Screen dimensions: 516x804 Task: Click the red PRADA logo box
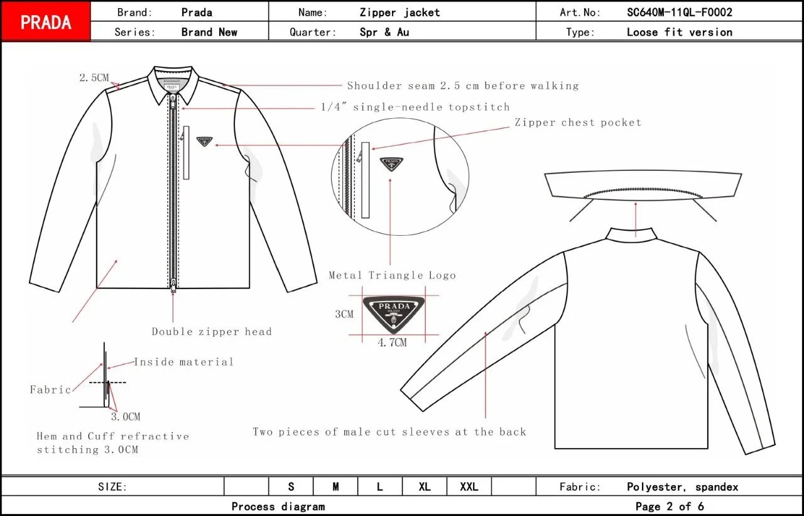pos(46,22)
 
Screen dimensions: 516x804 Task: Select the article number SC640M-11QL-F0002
pos(680,12)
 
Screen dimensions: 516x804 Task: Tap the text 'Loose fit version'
pos(680,32)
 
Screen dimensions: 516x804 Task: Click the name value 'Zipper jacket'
pos(400,12)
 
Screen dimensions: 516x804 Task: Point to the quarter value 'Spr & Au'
pos(384,32)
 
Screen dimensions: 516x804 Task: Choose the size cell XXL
pos(469,486)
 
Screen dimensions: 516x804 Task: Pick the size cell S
pos(291,486)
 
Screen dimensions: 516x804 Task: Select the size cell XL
pos(425,486)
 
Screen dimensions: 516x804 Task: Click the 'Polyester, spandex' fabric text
pos(683,486)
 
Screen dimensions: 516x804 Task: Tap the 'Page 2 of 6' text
pos(670,506)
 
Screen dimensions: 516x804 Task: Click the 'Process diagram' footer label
pos(278,506)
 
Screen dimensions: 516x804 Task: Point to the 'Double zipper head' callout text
pos(212,331)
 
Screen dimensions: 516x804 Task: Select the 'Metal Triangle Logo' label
pos(393,275)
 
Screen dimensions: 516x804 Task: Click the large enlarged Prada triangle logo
pos(394,312)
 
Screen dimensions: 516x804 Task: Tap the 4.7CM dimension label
pos(393,343)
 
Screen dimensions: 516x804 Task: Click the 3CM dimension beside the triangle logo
pos(344,314)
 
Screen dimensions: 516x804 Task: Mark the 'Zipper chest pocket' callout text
pos(578,123)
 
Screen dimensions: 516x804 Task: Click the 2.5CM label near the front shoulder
pos(94,78)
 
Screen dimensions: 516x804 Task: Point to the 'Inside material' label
pos(184,361)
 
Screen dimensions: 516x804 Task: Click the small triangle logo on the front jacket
pos(204,142)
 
